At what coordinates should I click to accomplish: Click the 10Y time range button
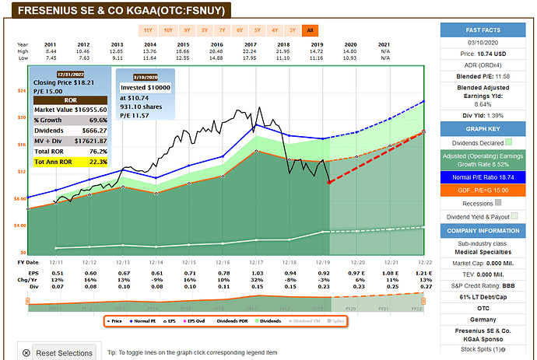pyautogui.click(x=167, y=30)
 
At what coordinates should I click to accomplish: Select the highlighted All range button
pyautogui.click(x=311, y=30)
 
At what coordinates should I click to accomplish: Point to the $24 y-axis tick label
pyautogui.click(x=21, y=90)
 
